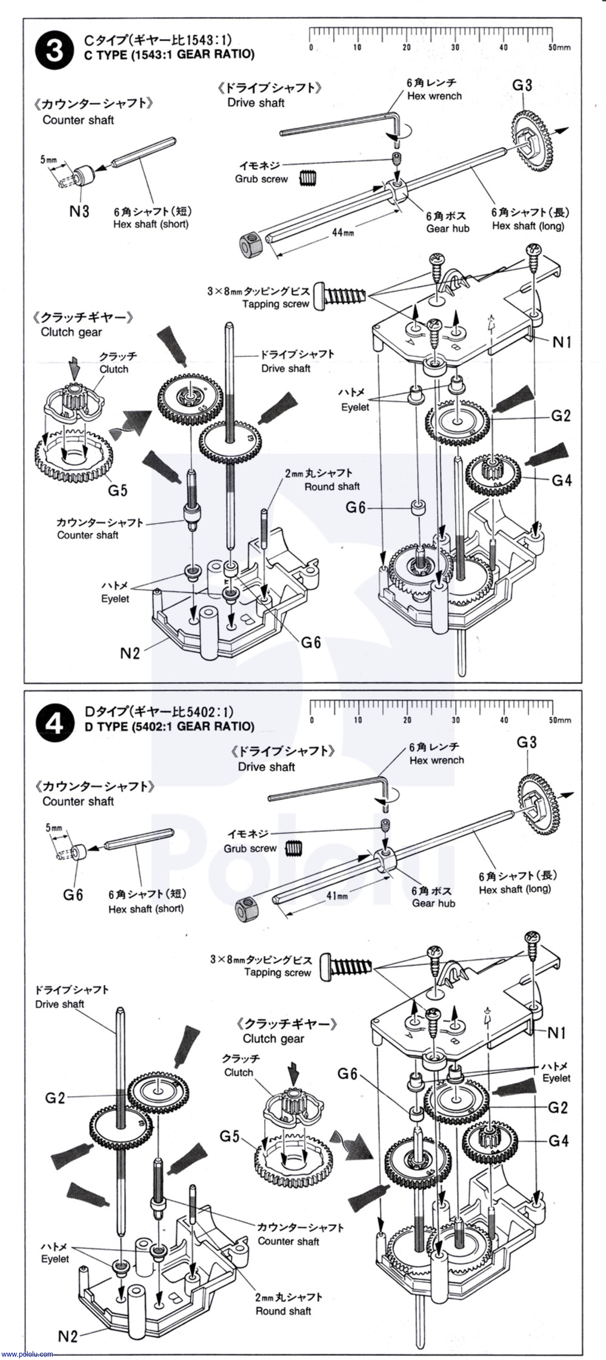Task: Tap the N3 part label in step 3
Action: point(79,211)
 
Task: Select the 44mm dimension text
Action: point(343,231)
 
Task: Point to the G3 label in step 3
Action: point(522,85)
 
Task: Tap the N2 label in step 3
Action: point(130,652)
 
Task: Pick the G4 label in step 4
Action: point(558,1141)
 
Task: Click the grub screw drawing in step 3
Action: point(308,179)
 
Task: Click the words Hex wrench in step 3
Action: point(435,96)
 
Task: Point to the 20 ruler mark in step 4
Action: point(407,720)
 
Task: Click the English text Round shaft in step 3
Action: point(332,486)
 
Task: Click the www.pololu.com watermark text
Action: point(27,1354)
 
